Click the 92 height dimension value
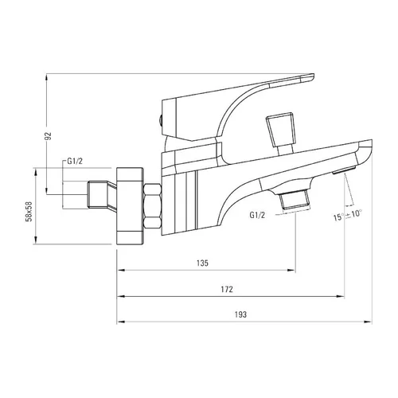click(49, 135)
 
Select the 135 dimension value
click(202, 263)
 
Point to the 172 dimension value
click(227, 289)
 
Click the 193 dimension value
click(240, 314)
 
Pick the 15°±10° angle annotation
click(348, 215)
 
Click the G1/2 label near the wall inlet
click(75, 161)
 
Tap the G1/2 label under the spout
click(257, 215)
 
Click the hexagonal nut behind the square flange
click(152, 205)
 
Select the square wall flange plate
click(130, 206)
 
